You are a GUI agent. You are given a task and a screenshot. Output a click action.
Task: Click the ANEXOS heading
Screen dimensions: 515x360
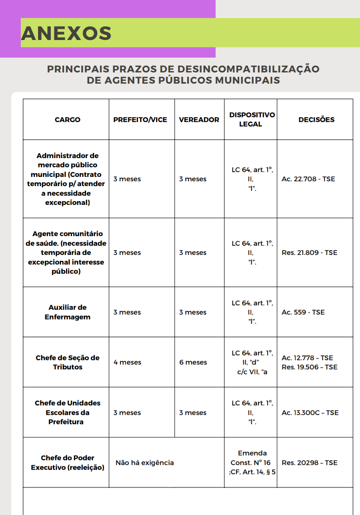(66, 33)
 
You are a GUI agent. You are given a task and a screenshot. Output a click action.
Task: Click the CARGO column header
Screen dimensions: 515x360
(68, 120)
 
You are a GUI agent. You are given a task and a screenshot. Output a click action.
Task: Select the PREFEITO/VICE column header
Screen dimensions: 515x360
(140, 120)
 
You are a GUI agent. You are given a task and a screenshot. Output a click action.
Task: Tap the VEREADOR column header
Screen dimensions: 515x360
(199, 120)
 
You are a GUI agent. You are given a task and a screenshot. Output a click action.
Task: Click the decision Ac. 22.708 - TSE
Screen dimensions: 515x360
(308, 179)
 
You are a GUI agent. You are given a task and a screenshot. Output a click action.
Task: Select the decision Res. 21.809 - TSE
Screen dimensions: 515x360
(309, 252)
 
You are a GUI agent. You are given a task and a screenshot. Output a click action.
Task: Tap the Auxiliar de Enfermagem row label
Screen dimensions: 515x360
(68, 312)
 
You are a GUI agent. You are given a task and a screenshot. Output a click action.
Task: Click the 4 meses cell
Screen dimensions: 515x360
(127, 362)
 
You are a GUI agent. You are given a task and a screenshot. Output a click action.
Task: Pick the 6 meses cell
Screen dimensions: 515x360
(193, 362)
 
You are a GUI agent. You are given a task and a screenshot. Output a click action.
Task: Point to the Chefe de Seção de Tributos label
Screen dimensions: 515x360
(68, 362)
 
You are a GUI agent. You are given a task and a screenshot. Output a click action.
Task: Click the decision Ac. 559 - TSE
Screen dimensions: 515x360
(303, 312)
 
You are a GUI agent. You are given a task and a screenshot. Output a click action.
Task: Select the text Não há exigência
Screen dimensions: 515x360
(145, 463)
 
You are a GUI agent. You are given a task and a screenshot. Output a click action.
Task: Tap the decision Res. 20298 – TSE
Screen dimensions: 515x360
(309, 463)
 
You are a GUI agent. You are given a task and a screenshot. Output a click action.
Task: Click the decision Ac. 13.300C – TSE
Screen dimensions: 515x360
(310, 413)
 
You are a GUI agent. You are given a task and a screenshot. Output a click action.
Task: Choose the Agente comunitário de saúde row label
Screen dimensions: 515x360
(68, 252)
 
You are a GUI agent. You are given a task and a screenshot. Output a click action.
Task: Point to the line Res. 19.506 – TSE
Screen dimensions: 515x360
(309, 367)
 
